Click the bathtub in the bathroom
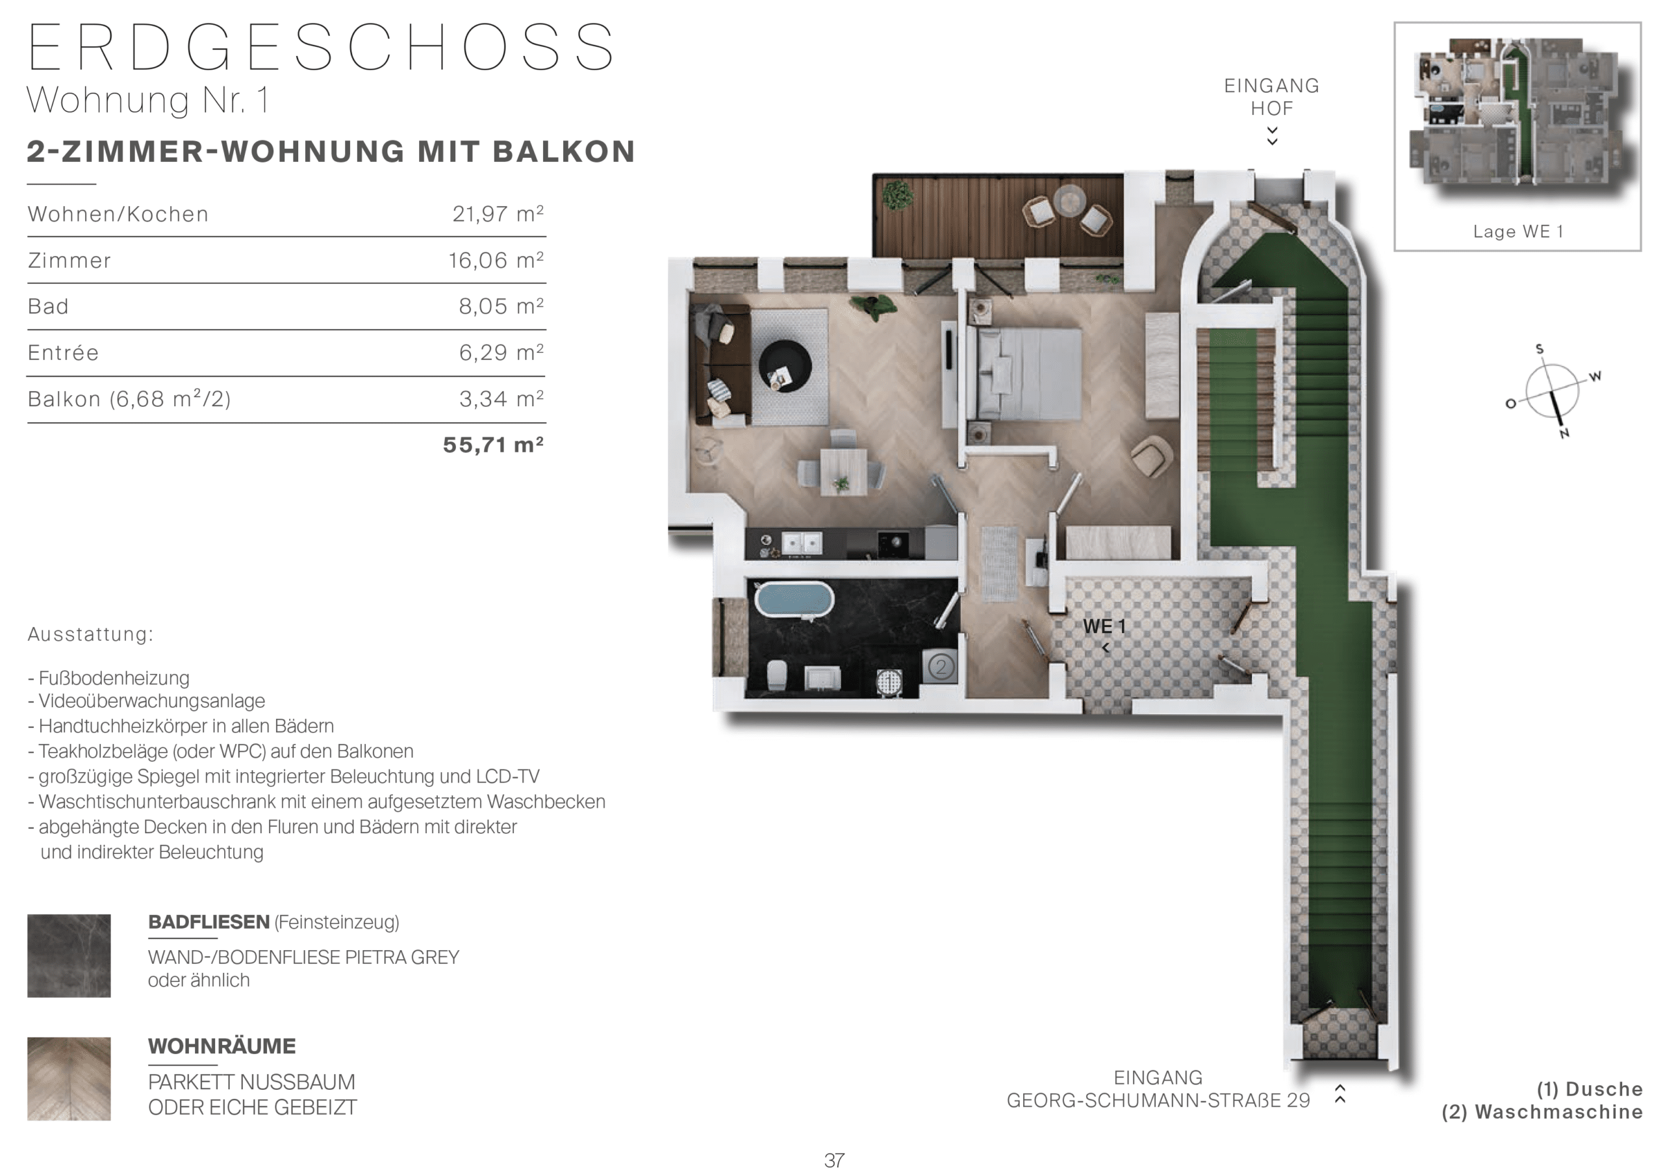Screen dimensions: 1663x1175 tap(794, 599)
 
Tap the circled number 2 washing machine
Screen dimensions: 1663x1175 tap(940, 665)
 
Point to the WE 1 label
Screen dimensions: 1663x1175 tap(1104, 626)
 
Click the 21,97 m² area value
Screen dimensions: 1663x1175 tap(498, 214)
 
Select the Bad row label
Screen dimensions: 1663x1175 tap(48, 307)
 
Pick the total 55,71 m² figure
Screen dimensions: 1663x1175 tap(493, 444)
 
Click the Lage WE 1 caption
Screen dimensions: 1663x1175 tap(1517, 232)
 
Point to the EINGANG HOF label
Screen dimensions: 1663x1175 tap(1271, 97)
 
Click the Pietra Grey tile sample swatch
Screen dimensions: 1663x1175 tap(69, 955)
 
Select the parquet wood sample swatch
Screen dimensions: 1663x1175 tap(69, 1079)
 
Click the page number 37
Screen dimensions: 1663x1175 tap(834, 1161)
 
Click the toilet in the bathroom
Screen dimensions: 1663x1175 tap(777, 675)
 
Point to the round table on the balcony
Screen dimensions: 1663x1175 tap(1070, 201)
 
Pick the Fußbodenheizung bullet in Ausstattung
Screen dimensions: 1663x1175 tap(108, 678)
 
